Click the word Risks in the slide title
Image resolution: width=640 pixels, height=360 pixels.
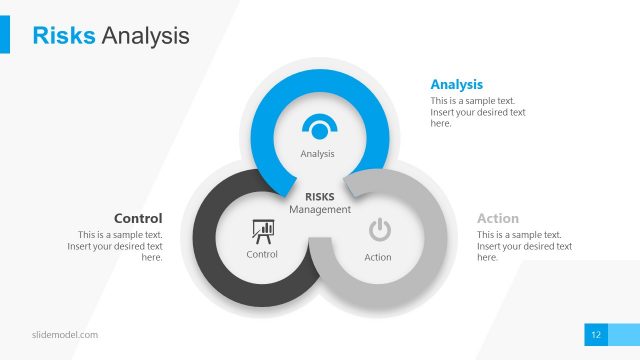[x=64, y=36]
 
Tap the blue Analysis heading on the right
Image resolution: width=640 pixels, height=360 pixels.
[x=456, y=84]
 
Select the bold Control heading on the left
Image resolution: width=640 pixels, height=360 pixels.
[x=138, y=218]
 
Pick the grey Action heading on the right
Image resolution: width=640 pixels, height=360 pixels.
[x=498, y=218]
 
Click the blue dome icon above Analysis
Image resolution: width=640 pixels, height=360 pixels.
[x=319, y=129]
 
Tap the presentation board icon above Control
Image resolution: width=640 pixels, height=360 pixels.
[x=263, y=231]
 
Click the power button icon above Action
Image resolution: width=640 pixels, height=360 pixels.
[x=379, y=231]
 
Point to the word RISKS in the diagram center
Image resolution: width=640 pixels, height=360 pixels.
[x=320, y=197]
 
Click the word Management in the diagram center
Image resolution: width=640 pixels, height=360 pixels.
[x=320, y=210]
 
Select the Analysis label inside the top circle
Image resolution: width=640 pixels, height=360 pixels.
[x=317, y=154]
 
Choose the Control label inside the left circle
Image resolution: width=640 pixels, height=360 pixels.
[x=262, y=255]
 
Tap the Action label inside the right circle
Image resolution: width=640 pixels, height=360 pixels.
[x=378, y=257]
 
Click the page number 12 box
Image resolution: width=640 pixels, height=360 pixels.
[x=596, y=334]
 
